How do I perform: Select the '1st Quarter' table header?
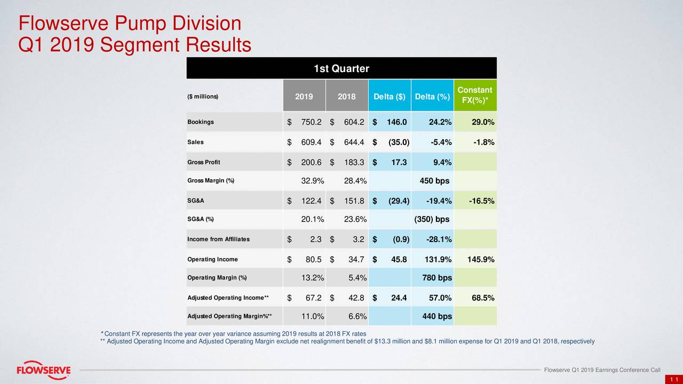tap(341, 69)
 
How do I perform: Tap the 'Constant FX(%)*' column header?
tap(475, 96)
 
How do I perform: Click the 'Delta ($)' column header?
tap(390, 97)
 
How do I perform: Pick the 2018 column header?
tap(347, 97)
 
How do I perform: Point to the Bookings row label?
tap(201, 122)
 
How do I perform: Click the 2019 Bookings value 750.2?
tap(311, 123)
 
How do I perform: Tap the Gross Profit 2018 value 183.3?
tap(354, 162)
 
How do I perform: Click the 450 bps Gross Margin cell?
tap(434, 181)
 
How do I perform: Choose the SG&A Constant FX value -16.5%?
tap(481, 201)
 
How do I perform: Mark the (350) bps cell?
tap(432, 220)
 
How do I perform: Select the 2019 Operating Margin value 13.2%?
tap(313, 278)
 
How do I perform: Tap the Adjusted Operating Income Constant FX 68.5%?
tap(483, 298)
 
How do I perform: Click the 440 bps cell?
tap(437, 317)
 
